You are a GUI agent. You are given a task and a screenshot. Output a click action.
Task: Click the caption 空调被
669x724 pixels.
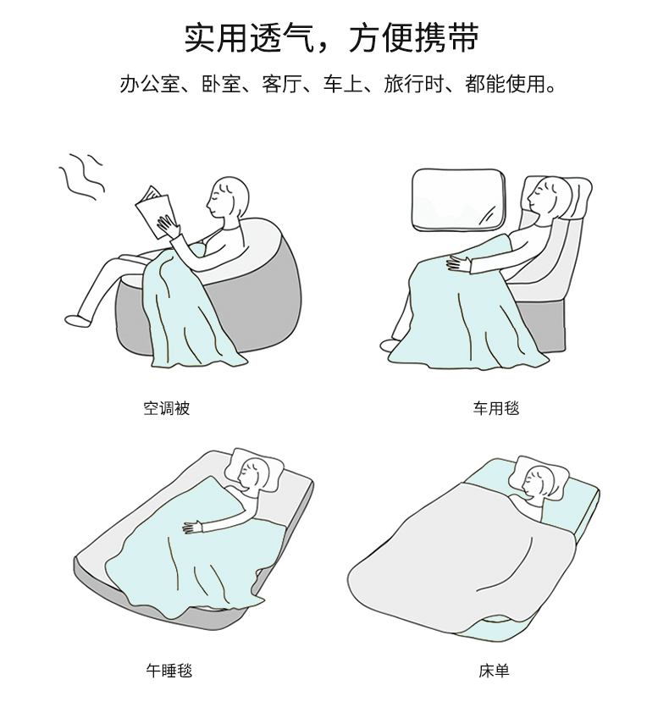pos(166,408)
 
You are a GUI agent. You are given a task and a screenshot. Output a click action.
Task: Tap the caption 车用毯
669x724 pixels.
pos(496,408)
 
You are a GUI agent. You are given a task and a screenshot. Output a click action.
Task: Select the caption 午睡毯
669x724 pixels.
pos(169,671)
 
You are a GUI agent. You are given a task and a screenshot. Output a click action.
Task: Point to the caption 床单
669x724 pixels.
pos(494,671)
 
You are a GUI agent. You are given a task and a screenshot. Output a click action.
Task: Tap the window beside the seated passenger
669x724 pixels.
pos(458,200)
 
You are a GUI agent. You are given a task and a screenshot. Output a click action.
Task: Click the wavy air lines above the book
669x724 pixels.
pos(81,176)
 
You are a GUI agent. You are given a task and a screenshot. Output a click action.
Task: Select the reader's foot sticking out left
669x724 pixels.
pos(78,320)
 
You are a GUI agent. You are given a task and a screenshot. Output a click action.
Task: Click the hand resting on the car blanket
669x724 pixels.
pos(458,264)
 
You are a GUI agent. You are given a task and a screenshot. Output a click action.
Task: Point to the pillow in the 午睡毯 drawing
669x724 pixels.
pos(255,470)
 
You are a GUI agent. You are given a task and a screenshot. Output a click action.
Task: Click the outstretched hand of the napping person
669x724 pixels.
pos(193,527)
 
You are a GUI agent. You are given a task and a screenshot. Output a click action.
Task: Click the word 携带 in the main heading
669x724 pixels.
pos(447,38)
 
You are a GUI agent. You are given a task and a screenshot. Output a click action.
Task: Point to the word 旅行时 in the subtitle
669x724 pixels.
pos(414,84)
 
